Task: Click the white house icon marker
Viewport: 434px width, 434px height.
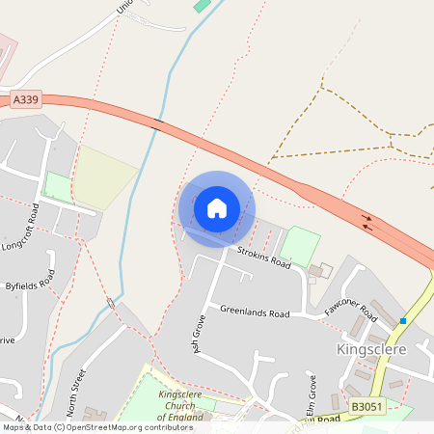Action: click(x=217, y=207)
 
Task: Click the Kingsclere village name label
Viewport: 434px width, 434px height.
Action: click(x=372, y=348)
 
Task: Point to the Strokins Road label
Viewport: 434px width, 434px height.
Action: click(x=264, y=256)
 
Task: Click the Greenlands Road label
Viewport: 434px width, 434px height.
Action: click(x=255, y=312)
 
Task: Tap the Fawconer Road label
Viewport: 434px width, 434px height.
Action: click(x=350, y=311)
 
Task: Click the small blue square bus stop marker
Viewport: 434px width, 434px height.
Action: click(x=403, y=320)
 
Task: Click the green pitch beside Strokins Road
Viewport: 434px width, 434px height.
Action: click(x=299, y=246)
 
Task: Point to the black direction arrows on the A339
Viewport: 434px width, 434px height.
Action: click(x=368, y=223)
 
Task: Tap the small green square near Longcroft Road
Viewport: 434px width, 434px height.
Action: click(x=58, y=186)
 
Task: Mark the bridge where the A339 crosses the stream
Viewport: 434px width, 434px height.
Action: click(x=156, y=123)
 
